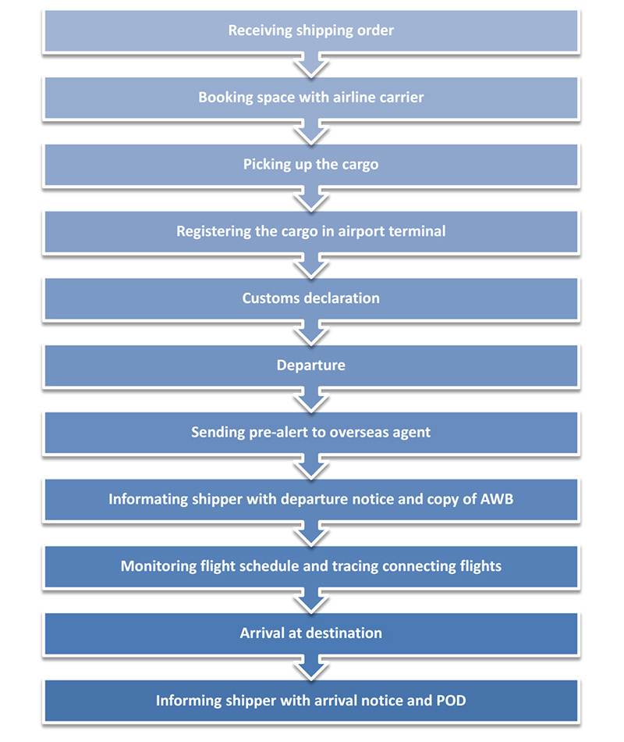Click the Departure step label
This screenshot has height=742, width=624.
311,366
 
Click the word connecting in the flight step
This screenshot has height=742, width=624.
419,566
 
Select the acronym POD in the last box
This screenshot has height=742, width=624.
451,701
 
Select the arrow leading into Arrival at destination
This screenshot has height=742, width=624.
311,601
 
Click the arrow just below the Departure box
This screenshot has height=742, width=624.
311,400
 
